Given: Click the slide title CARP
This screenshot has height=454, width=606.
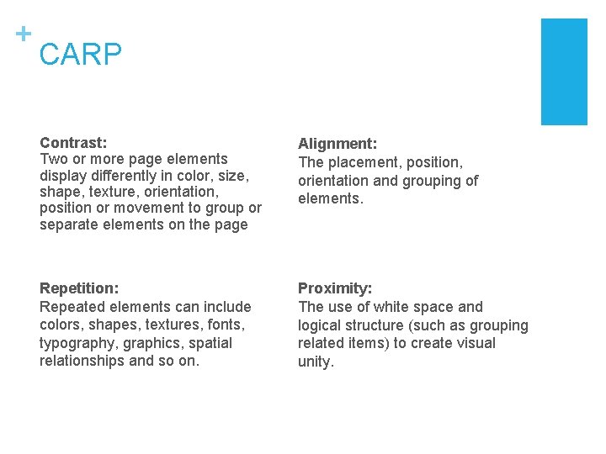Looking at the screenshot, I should pyautogui.click(x=81, y=55).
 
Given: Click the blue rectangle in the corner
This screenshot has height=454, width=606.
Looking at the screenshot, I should pyautogui.click(x=563, y=71).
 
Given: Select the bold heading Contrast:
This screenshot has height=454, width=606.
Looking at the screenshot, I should pyautogui.click(x=73, y=143).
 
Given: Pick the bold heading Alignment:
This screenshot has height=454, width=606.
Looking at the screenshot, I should pyautogui.click(x=338, y=145).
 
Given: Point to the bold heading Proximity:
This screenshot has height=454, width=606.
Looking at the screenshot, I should pyautogui.click(x=335, y=288).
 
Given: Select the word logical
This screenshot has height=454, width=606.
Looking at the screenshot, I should pyautogui.click(x=322, y=325).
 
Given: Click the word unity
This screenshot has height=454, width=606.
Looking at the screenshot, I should pyautogui.click(x=316, y=362).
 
